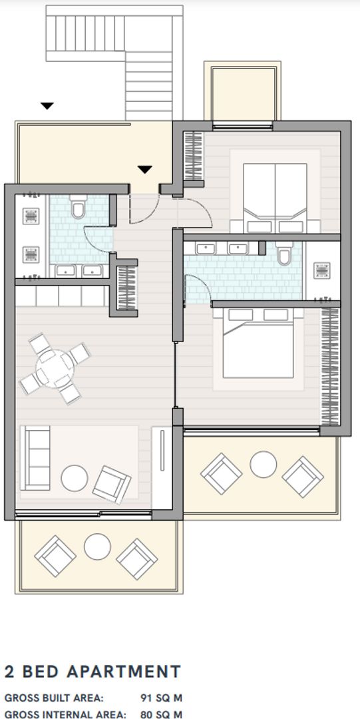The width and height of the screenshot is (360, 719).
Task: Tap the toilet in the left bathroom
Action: point(78,209)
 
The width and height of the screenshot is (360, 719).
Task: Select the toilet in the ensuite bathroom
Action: point(285,252)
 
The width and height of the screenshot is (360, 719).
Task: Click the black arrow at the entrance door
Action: point(145,170)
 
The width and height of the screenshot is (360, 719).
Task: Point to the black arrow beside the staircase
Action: point(47,105)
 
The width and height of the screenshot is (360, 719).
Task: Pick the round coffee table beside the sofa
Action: point(74,477)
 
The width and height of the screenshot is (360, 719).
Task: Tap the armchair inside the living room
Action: point(111,483)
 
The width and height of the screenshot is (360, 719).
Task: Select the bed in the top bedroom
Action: point(275,198)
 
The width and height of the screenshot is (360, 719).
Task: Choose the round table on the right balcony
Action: point(263,464)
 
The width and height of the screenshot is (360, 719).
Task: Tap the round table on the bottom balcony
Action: point(97,547)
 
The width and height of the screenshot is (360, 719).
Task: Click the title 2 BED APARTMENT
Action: point(92,671)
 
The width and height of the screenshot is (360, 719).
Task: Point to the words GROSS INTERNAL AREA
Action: point(65,714)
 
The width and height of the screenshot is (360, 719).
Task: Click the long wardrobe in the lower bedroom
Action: point(329,366)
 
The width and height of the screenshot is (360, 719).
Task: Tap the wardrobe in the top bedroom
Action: point(193,156)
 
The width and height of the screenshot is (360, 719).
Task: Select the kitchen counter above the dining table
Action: point(61,296)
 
